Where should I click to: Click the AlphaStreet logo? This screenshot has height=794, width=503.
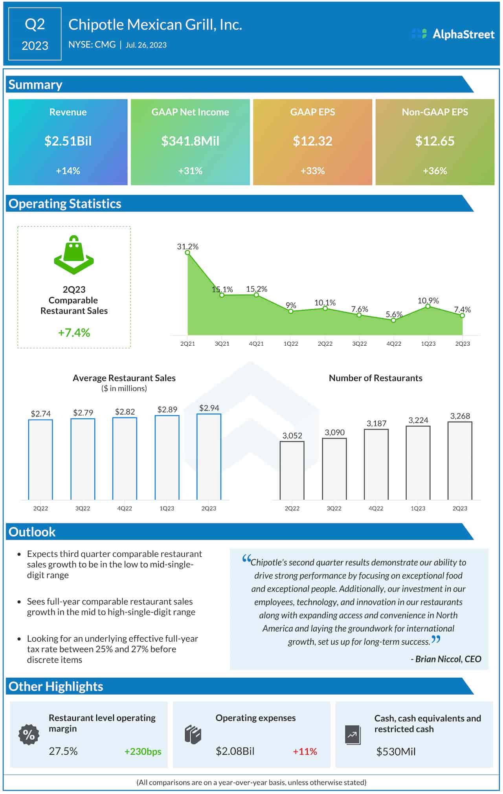click(453, 34)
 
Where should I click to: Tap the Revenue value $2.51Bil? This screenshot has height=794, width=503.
click(68, 141)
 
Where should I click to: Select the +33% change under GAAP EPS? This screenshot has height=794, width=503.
click(312, 171)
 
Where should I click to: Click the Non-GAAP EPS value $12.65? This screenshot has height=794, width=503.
click(435, 141)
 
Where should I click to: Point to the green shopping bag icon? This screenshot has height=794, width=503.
click(74, 255)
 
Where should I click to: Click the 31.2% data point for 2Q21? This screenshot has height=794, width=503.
click(187, 253)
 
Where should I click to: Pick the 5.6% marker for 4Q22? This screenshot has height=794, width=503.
click(393, 320)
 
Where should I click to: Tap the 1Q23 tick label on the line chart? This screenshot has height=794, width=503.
click(428, 344)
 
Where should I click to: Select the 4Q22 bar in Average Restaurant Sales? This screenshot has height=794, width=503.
click(125, 458)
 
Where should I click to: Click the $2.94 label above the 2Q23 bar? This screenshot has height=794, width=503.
click(209, 408)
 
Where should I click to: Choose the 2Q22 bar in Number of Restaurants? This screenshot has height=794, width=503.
click(292, 470)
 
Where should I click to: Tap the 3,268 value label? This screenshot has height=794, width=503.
click(460, 416)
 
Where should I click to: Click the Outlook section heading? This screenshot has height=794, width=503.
click(32, 532)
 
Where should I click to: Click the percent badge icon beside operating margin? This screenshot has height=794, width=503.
click(29, 734)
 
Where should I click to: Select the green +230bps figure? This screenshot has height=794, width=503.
click(143, 752)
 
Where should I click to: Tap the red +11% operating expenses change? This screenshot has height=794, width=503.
click(305, 752)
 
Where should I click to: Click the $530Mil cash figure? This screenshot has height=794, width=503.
click(396, 752)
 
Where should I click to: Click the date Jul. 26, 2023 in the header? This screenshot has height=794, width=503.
click(146, 45)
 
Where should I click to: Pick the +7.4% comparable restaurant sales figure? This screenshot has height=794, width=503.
click(74, 333)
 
